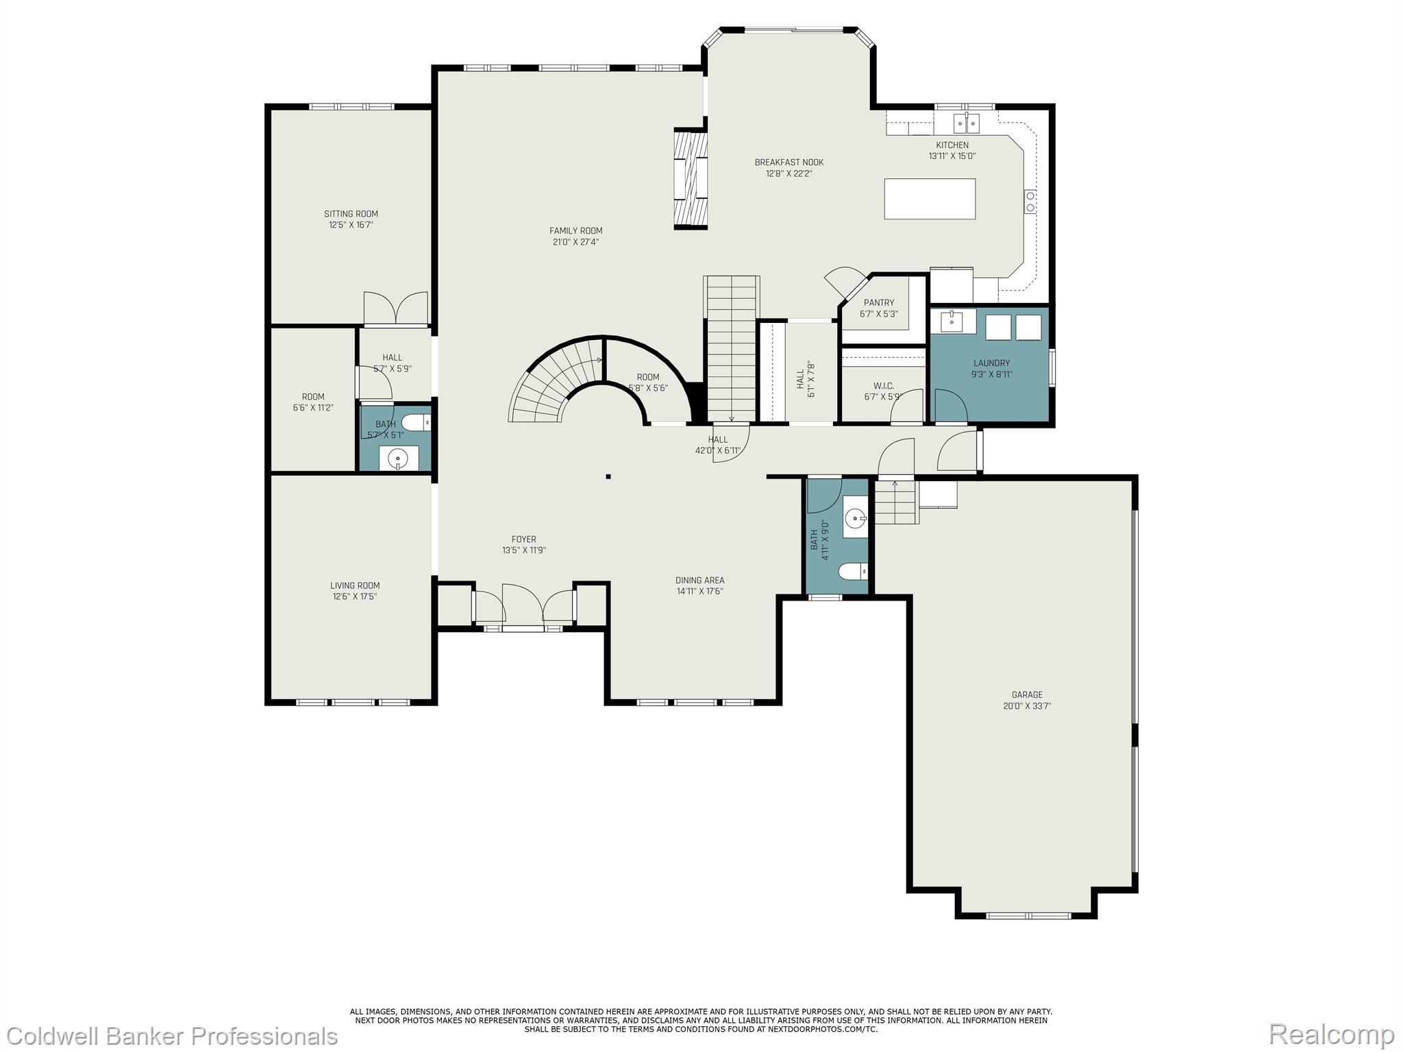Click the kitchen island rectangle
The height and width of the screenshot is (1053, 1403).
[x=930, y=199]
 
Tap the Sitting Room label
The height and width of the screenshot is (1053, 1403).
[x=351, y=214]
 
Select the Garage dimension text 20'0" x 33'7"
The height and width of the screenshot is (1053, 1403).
[x=1027, y=705]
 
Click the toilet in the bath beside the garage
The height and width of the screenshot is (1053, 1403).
[x=854, y=571]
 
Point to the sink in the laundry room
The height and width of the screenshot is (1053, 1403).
[x=952, y=320]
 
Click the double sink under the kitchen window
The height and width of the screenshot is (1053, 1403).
[x=966, y=123]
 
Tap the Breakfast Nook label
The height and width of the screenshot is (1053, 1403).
[x=789, y=162]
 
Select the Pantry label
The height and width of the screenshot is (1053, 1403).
[x=878, y=302]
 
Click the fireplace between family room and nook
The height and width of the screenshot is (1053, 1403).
[x=690, y=178]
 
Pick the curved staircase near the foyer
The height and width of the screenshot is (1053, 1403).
[x=548, y=384]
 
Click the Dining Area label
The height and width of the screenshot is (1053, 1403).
[x=699, y=580]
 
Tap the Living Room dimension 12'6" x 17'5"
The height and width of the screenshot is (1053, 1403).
[x=355, y=596]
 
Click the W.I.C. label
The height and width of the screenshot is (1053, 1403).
[x=883, y=386]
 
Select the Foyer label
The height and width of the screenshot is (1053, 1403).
[x=523, y=540]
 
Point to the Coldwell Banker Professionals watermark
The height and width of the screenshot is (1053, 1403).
[x=169, y=1035]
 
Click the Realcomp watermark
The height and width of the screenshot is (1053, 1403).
[x=1331, y=1034]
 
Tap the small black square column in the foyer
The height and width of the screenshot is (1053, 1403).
[x=608, y=476]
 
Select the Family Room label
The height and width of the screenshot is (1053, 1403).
[x=575, y=231]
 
